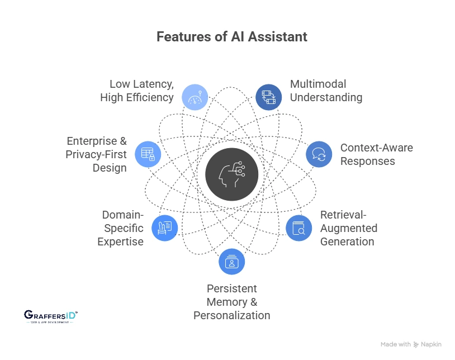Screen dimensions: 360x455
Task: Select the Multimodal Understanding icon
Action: pyautogui.click(x=269, y=97)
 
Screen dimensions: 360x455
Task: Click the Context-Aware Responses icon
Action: pyautogui.click(x=319, y=154)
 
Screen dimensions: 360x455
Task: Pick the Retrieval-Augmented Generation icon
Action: pyautogui.click(x=299, y=228)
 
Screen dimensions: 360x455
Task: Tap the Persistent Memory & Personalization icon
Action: pyautogui.click(x=231, y=261)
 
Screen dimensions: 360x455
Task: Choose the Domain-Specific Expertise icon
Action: pyautogui.click(x=165, y=228)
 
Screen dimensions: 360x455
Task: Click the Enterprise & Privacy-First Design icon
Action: pyautogui.click(x=148, y=154)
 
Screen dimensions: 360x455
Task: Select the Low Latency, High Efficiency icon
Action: pyautogui.click(x=195, y=97)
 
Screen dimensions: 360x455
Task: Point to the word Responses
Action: pyautogui.click(x=367, y=162)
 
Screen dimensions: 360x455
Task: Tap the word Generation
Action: pyautogui.click(x=347, y=241)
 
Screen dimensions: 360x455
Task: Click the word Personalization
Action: pyautogui.click(x=231, y=315)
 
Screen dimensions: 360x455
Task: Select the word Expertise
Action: pyautogui.click(x=120, y=241)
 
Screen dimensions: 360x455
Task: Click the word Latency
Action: pyautogui.click(x=151, y=84)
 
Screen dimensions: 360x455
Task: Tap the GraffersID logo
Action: pyautogui.click(x=51, y=317)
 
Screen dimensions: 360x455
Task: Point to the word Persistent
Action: pyautogui.click(x=231, y=288)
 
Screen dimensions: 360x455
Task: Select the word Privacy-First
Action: pyautogui.click(x=96, y=154)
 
